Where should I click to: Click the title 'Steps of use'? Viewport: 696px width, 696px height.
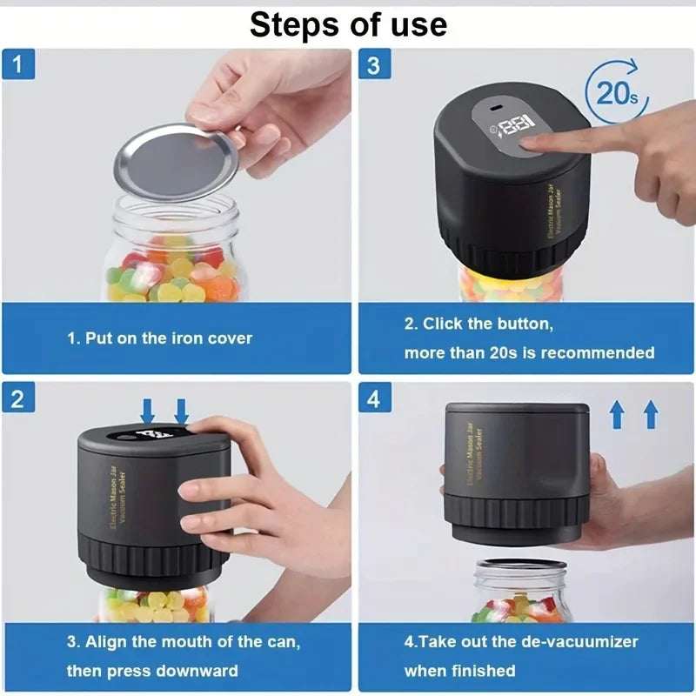[x=348, y=24]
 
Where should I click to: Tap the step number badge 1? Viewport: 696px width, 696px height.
[x=18, y=64]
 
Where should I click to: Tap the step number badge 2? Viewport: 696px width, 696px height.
[x=18, y=398]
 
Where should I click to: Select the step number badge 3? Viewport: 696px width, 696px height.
[x=373, y=64]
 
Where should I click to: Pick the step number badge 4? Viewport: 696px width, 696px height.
[x=373, y=398]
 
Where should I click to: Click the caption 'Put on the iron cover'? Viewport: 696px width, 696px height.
[x=160, y=338]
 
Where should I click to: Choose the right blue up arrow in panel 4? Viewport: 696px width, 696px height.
[x=650, y=415]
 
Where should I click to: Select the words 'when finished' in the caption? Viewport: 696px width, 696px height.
[x=459, y=671]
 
